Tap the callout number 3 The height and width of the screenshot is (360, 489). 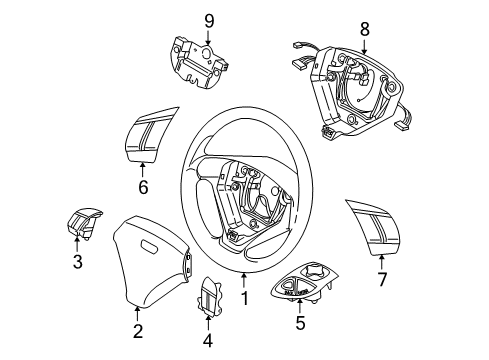click(x=77, y=263)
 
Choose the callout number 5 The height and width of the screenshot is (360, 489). click(x=298, y=324)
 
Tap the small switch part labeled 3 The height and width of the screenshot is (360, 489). click(x=82, y=227)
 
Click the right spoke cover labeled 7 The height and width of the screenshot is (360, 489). click(x=376, y=227)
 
